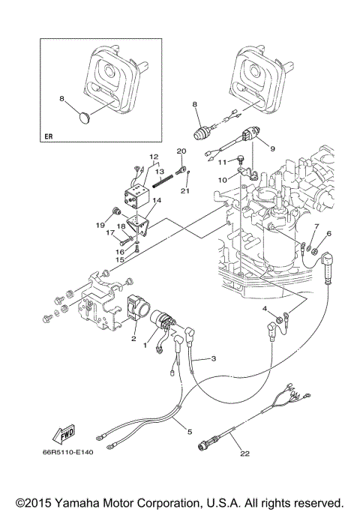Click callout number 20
[180, 151]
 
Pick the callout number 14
[157, 200]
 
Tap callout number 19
[99, 224]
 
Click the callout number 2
[134, 339]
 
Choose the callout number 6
[328, 234]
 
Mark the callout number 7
[316, 226]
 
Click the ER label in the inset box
[49, 137]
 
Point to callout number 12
[153, 157]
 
